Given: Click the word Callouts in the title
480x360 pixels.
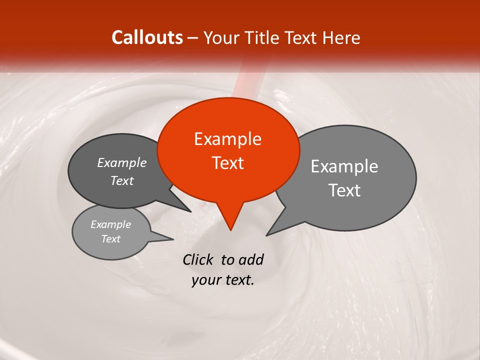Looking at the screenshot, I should [147, 37].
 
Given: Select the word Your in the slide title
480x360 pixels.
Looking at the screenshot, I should [222, 38].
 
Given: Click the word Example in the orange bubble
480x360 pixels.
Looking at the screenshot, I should [227, 139].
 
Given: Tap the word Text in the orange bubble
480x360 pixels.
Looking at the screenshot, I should [228, 163].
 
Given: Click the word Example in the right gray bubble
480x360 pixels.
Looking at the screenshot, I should [344, 166].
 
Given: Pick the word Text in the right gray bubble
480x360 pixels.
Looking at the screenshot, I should [344, 190].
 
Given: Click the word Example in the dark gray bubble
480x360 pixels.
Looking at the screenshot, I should [122, 162].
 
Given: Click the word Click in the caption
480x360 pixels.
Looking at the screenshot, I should [198, 259].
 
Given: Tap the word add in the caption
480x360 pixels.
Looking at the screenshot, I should [250, 259].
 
